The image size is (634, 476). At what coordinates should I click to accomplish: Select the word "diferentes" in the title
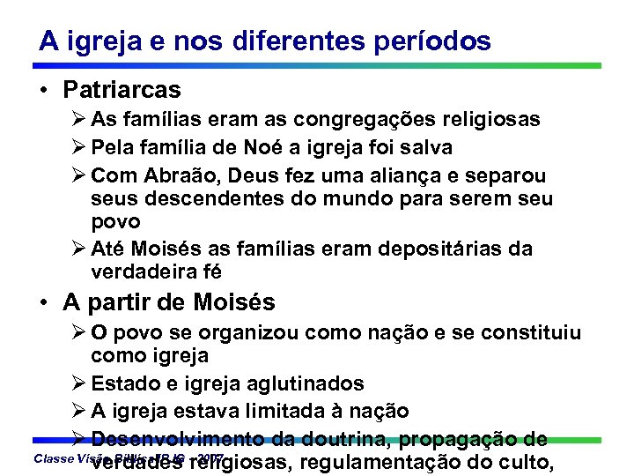303,41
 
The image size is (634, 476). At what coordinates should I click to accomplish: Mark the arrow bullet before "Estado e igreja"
78,383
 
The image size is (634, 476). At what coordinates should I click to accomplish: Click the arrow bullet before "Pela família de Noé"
78,146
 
